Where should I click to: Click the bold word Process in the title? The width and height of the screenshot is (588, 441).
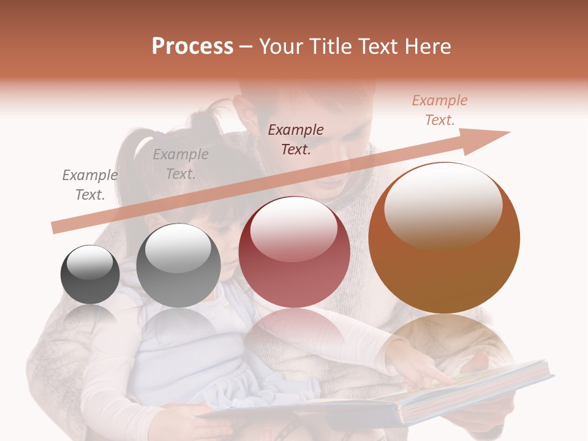coord(192,47)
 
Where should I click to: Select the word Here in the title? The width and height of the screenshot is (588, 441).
coord(426,47)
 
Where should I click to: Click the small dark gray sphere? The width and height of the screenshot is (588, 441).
coord(90,274)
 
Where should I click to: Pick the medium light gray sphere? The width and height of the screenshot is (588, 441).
coord(178,265)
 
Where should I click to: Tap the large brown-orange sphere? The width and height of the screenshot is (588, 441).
coord(443,238)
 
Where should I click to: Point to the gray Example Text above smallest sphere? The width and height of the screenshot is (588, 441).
coord(90,185)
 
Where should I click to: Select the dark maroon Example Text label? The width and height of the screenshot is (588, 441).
coord(296,140)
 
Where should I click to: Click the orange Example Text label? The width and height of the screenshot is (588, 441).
coord(440,110)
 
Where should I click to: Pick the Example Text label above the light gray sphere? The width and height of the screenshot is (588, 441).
coord(181,164)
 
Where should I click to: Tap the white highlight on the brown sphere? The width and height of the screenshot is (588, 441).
coord(443,205)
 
